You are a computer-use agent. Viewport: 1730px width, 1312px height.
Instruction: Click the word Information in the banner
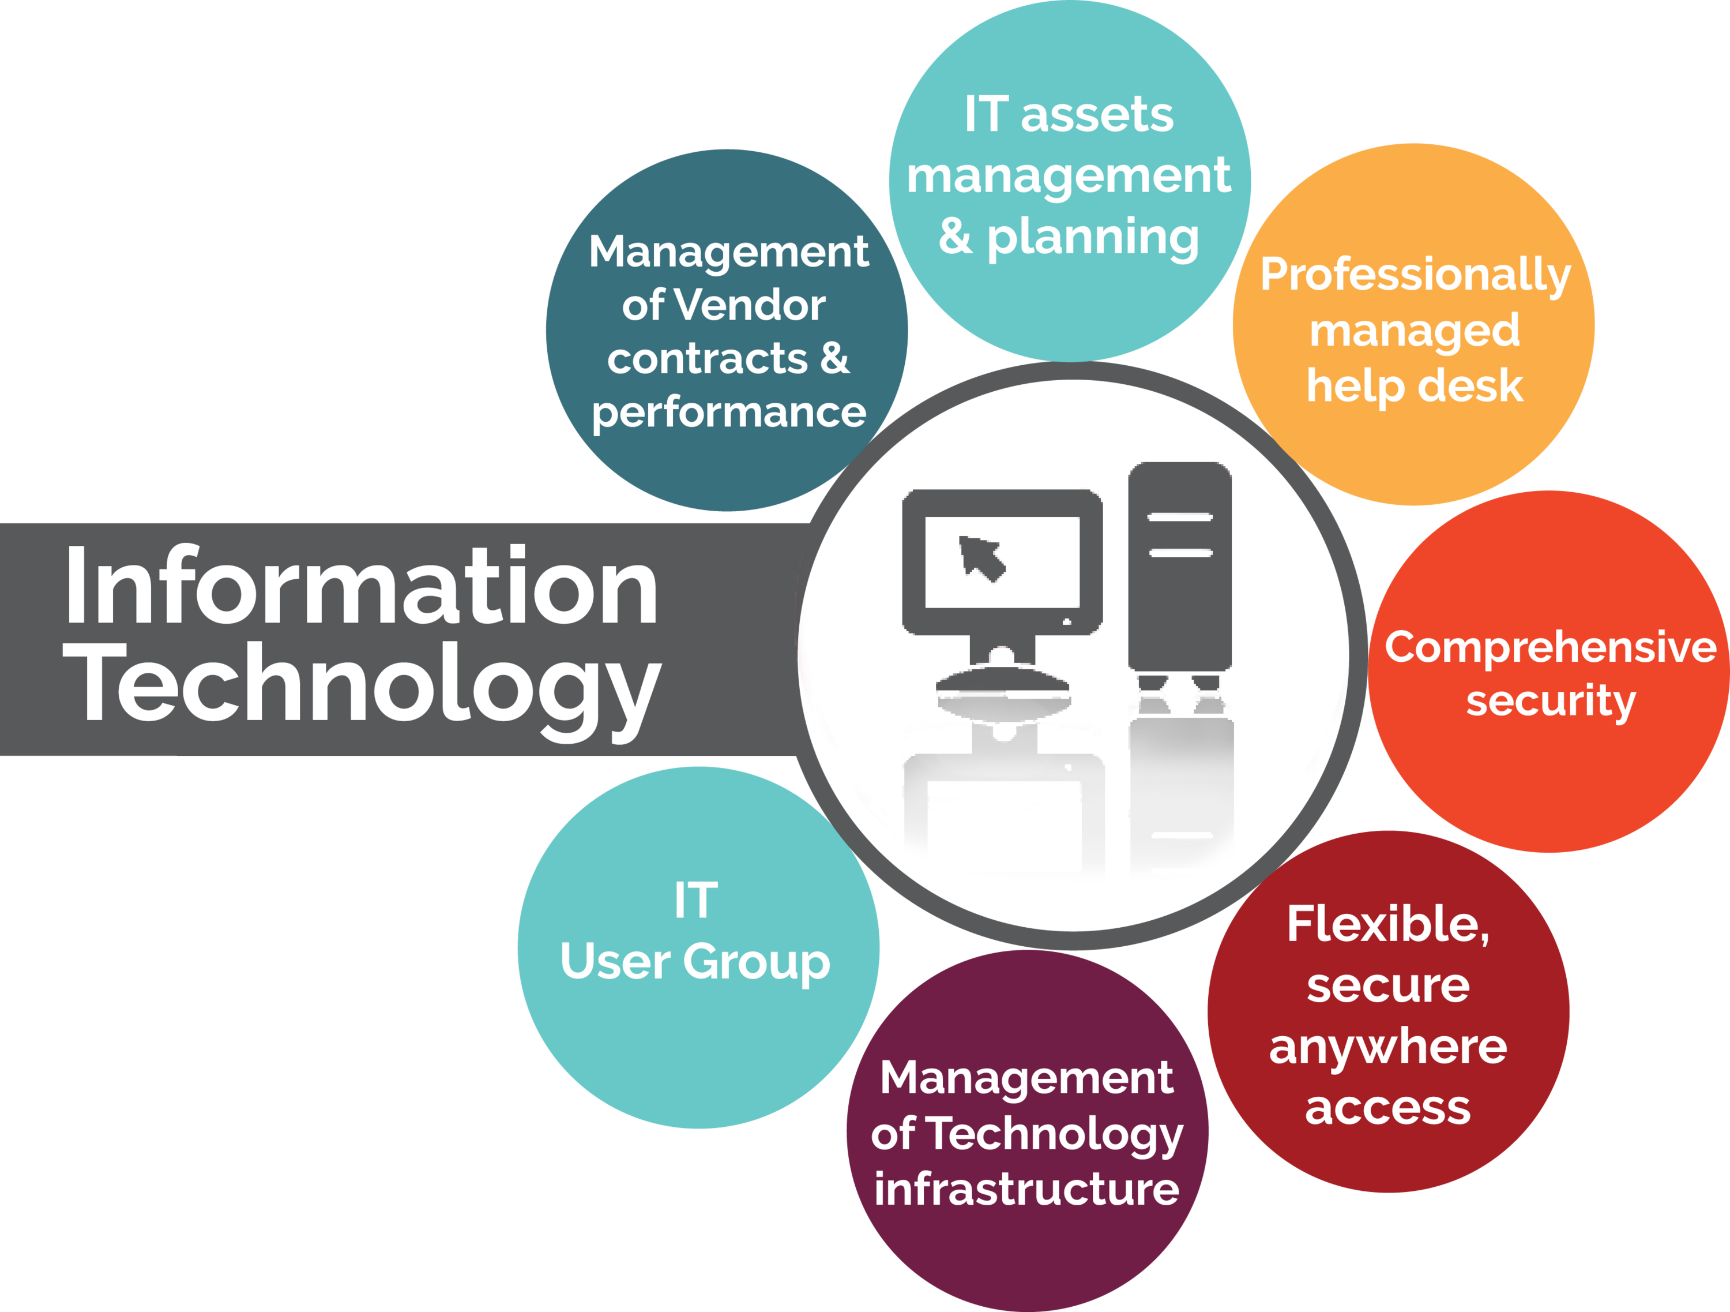point(362,585)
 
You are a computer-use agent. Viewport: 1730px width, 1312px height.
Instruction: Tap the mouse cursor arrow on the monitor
point(981,558)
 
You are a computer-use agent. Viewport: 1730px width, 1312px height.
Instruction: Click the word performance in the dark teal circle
point(729,414)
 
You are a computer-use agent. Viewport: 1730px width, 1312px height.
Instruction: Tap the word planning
point(1093,239)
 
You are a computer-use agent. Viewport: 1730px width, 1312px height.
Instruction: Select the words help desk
point(1415,386)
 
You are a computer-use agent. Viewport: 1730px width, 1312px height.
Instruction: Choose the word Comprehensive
point(1551,648)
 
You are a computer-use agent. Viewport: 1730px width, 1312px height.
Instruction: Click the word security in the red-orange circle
point(1551,701)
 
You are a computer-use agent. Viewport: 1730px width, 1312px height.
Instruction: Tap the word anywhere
point(1388,1048)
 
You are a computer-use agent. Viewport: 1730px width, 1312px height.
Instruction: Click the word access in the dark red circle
point(1388,1108)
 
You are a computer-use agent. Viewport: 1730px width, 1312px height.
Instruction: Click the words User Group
point(695,962)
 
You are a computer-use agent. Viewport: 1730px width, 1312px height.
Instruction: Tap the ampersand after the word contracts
point(835,358)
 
